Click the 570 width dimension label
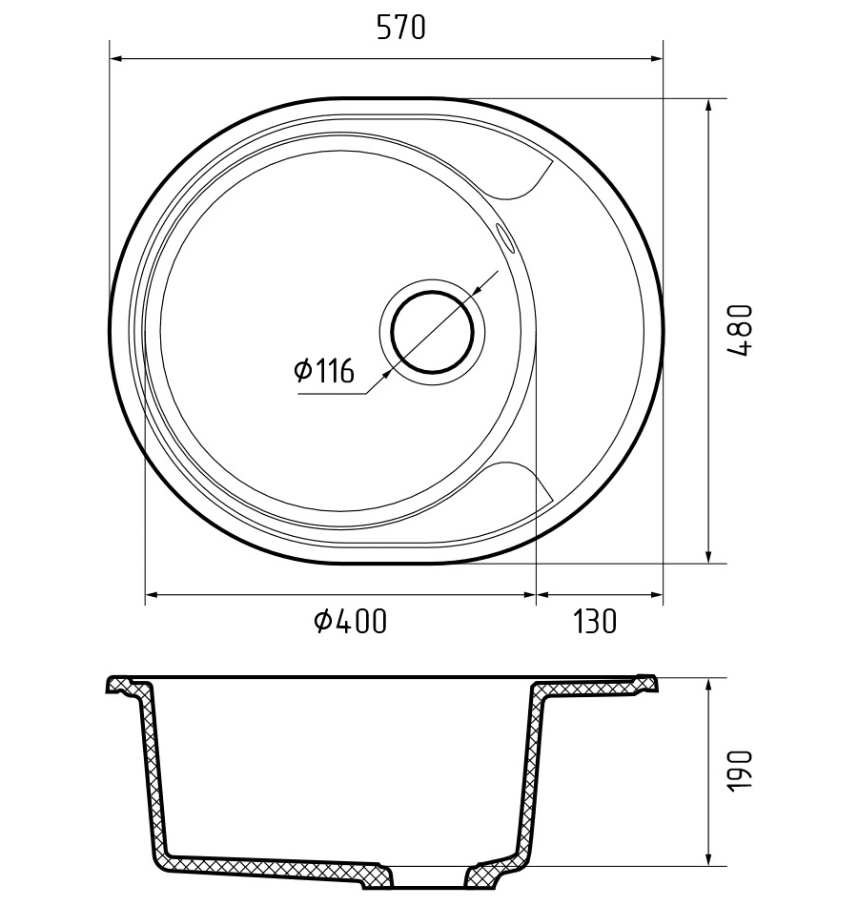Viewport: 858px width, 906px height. click(401, 27)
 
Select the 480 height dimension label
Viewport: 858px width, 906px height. click(740, 331)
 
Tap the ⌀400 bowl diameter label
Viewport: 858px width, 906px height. click(350, 621)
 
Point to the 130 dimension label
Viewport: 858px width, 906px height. click(595, 621)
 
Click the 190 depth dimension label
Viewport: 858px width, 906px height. click(740, 772)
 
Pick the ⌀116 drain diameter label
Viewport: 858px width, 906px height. click(323, 370)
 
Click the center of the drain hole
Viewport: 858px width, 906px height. click(432, 332)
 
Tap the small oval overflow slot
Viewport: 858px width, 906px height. click(503, 237)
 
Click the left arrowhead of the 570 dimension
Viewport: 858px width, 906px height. click(115, 58)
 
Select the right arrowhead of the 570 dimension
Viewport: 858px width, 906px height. click(656, 58)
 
